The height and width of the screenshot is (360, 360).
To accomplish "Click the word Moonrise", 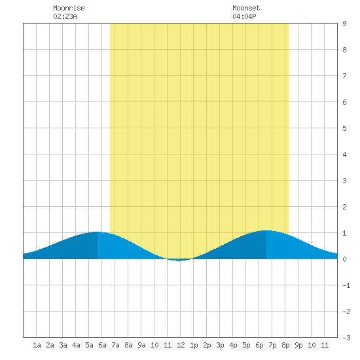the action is pos(69,8).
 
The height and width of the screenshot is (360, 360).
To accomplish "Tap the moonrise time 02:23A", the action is pos(65,16).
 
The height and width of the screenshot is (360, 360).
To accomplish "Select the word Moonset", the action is pos(246,8).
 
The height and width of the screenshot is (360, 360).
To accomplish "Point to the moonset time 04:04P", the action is pos(244,16).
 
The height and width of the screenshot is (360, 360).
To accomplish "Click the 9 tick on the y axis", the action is pos(344,24).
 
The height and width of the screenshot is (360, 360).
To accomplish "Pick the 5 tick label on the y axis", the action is pos(344,128).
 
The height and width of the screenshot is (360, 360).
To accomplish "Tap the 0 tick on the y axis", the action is pos(344,259).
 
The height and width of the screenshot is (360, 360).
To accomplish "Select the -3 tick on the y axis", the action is pos(346,338).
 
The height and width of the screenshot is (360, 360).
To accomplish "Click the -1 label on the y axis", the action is pos(346,285).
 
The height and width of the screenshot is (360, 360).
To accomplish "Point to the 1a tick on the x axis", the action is pos(37,345).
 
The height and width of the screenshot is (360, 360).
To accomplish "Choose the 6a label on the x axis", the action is pos(102,345).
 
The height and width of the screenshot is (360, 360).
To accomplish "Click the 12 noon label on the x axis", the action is pos(181,345).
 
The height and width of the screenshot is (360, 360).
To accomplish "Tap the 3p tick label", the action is pos(220,345).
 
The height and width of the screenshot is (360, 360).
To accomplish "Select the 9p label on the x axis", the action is pos(298,345).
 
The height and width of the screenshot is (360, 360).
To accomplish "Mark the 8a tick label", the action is pos(128,345).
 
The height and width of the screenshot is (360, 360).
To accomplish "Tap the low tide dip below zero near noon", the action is pos(179,261).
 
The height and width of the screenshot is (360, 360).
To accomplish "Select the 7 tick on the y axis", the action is pos(344,76).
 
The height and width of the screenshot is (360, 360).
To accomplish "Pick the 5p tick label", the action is pos(246,345).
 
